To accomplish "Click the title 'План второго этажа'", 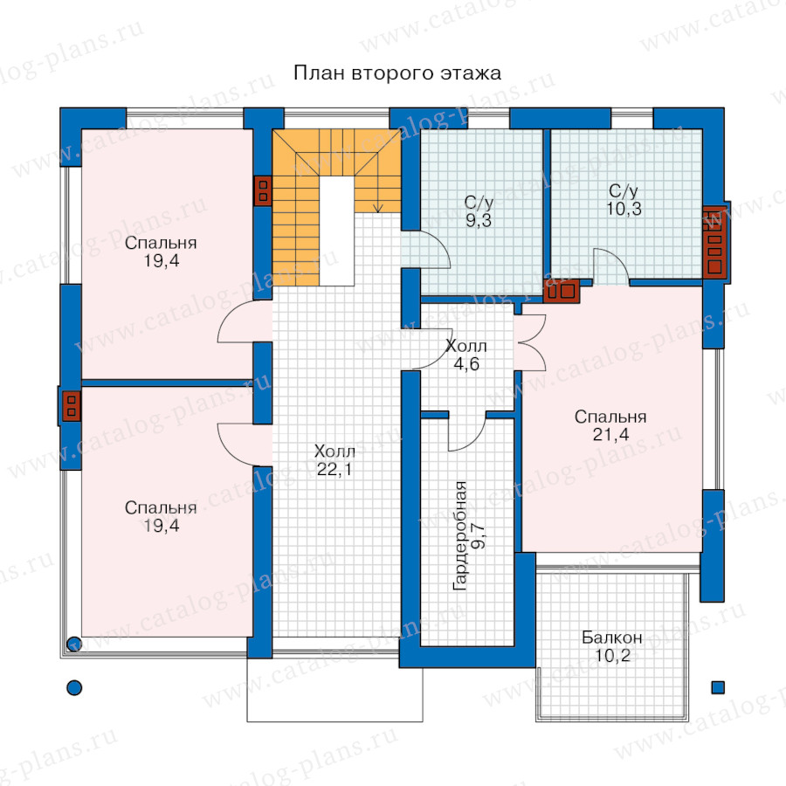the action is [x=397, y=73].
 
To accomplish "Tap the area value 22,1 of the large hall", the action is [x=334, y=469].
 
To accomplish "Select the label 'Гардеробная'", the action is [x=459, y=535].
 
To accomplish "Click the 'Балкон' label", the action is [x=611, y=638].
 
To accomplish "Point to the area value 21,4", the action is [x=610, y=435].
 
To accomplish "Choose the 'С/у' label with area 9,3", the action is [x=479, y=203].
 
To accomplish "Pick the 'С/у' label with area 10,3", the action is [x=624, y=191].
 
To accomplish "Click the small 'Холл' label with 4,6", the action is [x=466, y=346].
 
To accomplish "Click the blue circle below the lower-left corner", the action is [x=74, y=688].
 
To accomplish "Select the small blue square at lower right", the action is [x=718, y=688].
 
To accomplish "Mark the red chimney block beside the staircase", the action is [x=263, y=191].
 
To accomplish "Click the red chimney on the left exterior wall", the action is [x=71, y=406].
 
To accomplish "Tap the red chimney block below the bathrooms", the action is [x=562, y=291].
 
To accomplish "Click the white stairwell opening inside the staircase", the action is [x=337, y=231].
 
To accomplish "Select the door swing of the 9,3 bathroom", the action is [x=435, y=249].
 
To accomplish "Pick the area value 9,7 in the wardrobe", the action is [x=479, y=535].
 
